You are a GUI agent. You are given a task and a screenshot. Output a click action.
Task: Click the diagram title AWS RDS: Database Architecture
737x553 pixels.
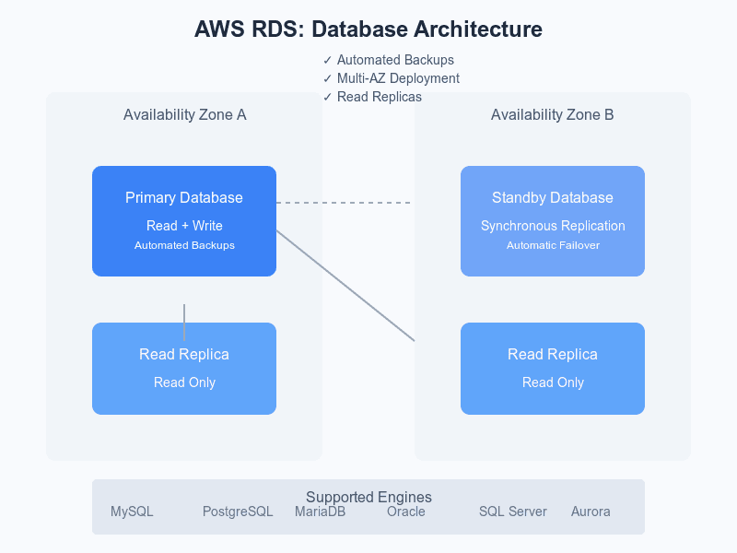368,29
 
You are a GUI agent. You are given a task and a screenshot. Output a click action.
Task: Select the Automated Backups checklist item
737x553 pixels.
388,60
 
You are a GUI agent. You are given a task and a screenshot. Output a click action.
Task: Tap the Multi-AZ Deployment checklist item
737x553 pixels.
391,78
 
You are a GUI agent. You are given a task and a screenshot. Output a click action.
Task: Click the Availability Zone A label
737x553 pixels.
184,115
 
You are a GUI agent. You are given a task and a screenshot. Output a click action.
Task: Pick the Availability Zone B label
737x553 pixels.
553,115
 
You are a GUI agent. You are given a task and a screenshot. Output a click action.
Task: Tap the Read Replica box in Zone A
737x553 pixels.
184,369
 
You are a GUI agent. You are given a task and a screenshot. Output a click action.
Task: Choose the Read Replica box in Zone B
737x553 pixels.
553,369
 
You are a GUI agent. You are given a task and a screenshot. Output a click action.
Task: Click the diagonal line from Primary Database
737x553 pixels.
345,286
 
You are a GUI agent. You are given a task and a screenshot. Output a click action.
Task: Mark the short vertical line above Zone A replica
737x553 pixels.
184,323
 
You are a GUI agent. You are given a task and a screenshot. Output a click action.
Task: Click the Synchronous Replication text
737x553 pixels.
553,226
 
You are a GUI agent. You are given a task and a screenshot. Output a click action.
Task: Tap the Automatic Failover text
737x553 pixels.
553,245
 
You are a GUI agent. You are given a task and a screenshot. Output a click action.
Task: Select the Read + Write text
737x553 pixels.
184,226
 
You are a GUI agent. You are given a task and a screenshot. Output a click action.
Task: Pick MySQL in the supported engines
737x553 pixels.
132,512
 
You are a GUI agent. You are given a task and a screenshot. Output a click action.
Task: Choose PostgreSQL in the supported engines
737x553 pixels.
238,512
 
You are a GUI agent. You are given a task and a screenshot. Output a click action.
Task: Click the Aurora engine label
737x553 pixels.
591,512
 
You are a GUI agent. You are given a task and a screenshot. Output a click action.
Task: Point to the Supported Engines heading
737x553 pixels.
368,498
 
